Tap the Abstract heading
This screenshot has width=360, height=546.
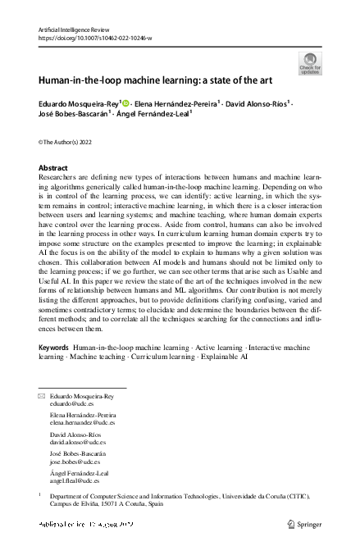pyautogui.click(x=54, y=167)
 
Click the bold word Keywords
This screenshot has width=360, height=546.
pyautogui.click(x=54, y=371)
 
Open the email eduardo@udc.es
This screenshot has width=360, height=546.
pyautogui.click(x=70, y=404)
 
